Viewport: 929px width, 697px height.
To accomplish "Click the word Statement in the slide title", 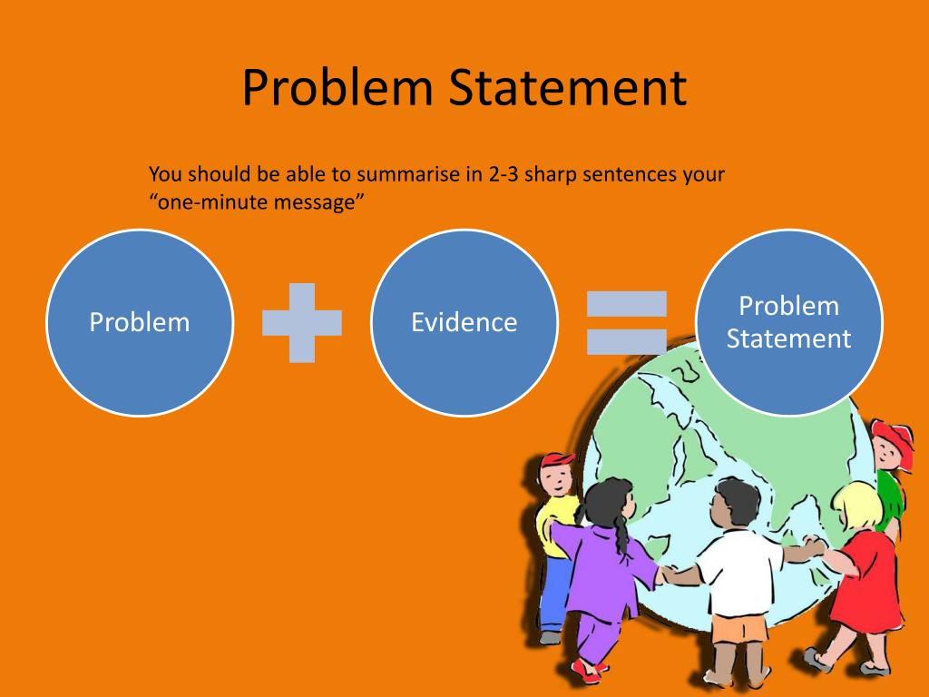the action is (x=569, y=88).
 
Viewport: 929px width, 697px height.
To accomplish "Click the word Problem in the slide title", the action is (x=339, y=88).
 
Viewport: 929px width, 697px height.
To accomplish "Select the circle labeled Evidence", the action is (x=464, y=322).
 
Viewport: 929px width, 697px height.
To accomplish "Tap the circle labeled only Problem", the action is (x=140, y=322).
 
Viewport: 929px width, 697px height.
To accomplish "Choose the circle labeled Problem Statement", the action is (x=788, y=322).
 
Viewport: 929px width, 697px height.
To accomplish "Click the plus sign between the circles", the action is (x=301, y=322).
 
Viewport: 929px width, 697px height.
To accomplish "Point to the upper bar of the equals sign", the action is (x=626, y=304).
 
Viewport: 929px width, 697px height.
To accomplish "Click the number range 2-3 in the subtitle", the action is (x=505, y=174).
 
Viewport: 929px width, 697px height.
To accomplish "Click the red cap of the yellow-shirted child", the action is (x=556, y=462).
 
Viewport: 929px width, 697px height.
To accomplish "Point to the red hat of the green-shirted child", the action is (x=894, y=437).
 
